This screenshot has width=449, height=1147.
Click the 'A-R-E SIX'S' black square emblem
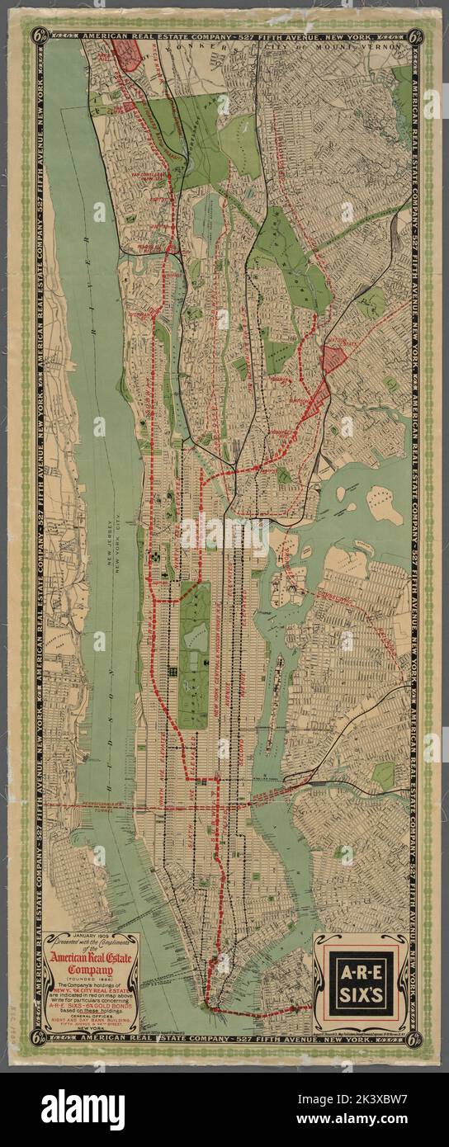(x=360, y=983)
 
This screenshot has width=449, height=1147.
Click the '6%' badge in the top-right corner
(x=416, y=35)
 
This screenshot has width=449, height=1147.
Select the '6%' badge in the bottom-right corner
(x=416, y=1036)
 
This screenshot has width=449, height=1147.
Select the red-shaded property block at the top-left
(x=128, y=53)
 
